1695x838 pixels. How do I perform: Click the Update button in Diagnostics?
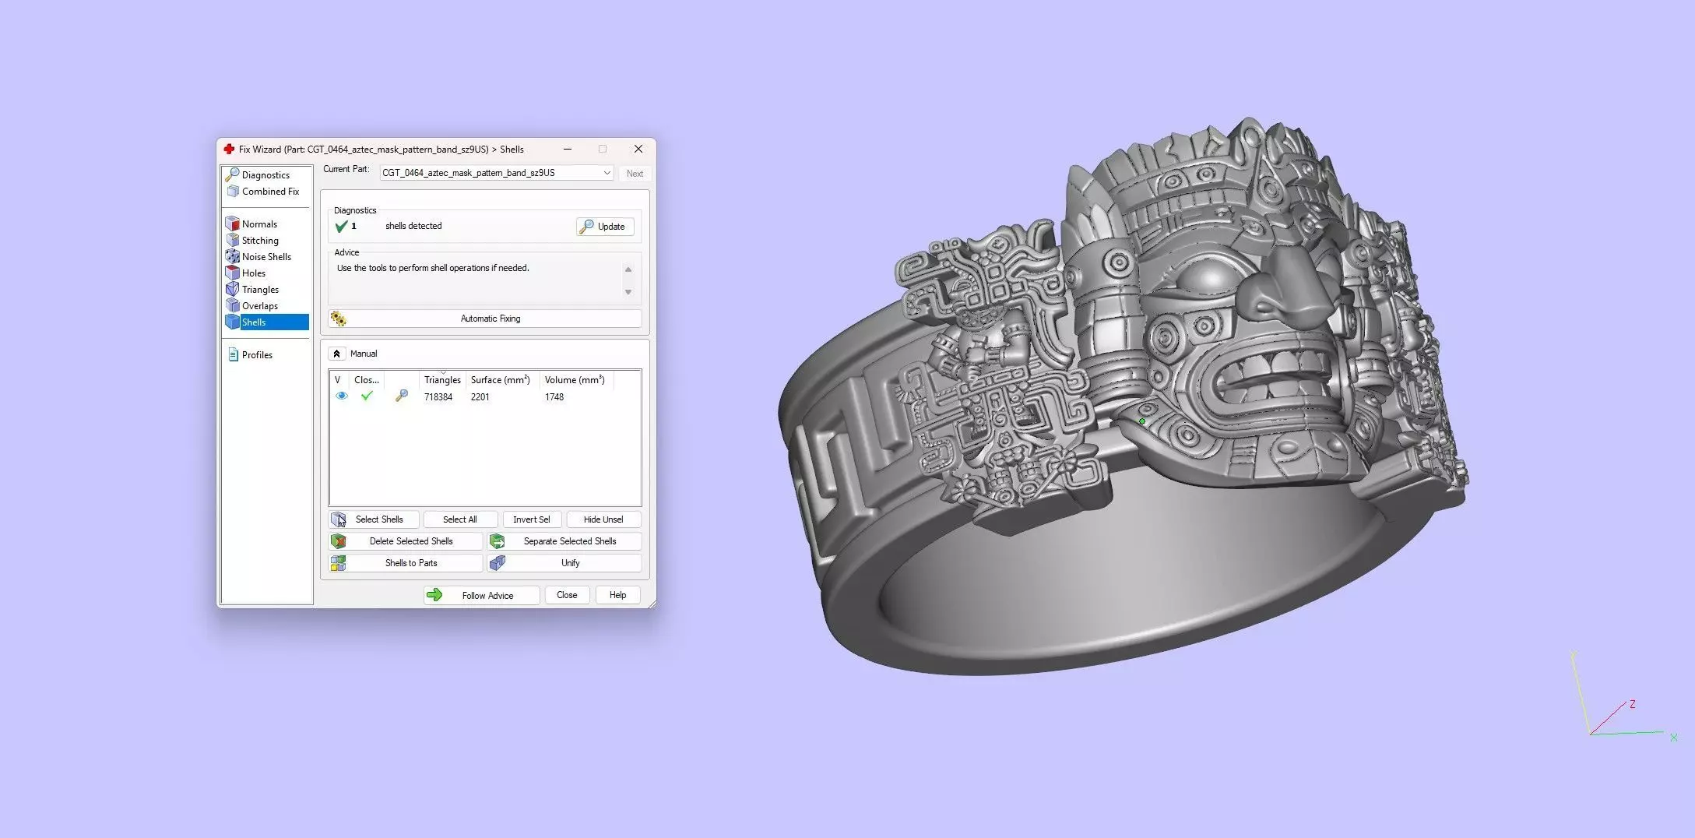click(605, 227)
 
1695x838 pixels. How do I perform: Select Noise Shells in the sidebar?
click(266, 257)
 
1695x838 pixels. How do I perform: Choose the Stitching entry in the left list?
click(260, 241)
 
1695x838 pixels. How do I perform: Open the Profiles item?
click(257, 355)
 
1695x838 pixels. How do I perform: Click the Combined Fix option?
click(270, 192)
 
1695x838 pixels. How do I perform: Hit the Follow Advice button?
click(482, 596)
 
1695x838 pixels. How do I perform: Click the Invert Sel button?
click(532, 519)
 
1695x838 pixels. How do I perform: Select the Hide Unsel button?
click(603, 519)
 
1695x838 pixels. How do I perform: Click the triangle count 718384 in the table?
click(438, 397)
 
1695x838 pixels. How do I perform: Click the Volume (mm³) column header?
click(575, 380)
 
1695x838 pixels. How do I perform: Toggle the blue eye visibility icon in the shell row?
click(341, 396)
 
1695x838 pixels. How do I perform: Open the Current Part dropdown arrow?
click(607, 173)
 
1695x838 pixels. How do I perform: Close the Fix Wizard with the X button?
click(638, 149)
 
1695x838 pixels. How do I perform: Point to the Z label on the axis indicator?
click(1632, 704)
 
